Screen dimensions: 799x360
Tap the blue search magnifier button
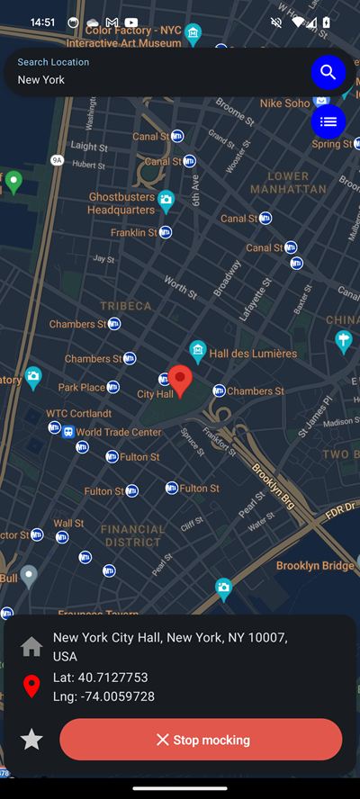pos(328,72)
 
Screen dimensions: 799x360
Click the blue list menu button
pos(328,121)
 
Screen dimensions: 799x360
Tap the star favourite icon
pos(31,740)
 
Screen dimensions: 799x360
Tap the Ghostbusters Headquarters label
pos(121,203)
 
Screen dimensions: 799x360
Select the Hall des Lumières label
pos(253,354)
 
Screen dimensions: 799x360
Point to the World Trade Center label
pos(119,432)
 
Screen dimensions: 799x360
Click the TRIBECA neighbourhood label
pos(126,306)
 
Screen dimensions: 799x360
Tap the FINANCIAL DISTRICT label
pos(131,535)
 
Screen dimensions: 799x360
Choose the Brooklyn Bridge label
pos(315,566)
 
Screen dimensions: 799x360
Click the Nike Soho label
pos(284,103)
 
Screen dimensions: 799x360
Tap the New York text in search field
pos(41,80)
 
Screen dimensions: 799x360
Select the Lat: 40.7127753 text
pos(101,678)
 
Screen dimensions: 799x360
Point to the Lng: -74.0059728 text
pos(104,696)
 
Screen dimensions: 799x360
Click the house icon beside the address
pos(31,646)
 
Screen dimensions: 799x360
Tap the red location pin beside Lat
pos(31,687)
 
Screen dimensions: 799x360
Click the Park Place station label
pos(82,388)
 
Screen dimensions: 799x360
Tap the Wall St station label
pos(68,523)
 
